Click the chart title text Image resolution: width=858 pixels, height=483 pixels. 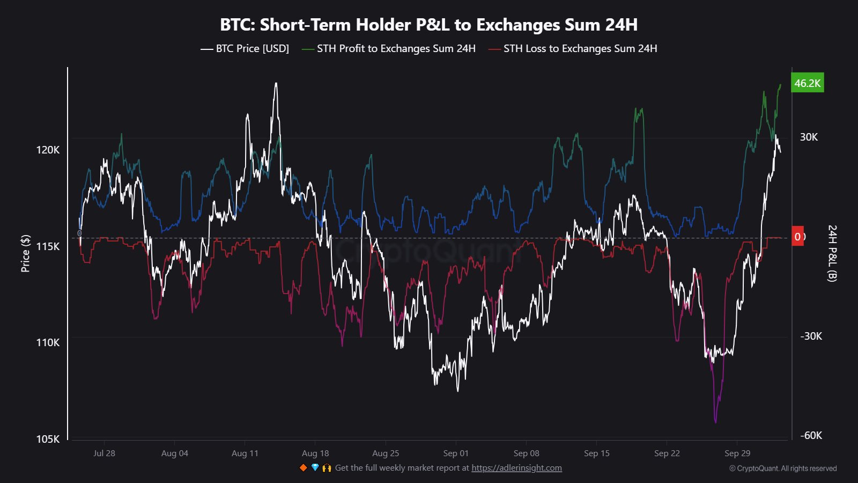(428, 25)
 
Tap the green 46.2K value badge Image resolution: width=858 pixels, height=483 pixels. (807, 83)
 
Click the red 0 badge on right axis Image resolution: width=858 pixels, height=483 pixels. (798, 237)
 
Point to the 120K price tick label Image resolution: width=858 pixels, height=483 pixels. (48, 150)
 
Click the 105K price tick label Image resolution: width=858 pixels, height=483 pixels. (48, 439)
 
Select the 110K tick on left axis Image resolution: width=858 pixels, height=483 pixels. (48, 342)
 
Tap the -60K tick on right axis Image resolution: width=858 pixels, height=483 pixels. (811, 435)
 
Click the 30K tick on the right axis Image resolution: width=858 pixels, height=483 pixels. (809, 137)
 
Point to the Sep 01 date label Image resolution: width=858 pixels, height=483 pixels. (456, 453)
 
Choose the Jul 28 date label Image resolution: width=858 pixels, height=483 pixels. (104, 453)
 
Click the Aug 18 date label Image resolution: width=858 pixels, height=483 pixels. (315, 453)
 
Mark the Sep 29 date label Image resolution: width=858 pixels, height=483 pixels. (737, 453)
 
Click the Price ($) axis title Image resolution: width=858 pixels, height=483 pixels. (25, 253)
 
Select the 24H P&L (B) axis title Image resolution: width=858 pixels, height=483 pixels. (832, 253)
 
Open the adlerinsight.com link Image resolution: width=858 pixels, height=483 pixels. (516, 468)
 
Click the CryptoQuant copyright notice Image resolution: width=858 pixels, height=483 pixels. (783, 469)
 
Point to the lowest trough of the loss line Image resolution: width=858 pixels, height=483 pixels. (715, 422)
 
